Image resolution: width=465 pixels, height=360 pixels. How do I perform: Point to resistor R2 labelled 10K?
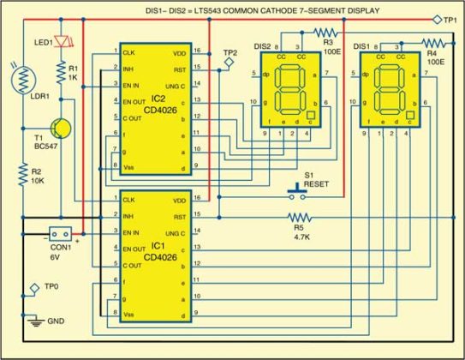[22, 177]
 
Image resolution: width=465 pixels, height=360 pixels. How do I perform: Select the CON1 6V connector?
[60, 233]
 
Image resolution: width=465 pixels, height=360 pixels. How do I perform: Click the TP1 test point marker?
[438, 18]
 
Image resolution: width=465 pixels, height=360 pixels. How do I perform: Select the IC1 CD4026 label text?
[156, 249]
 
